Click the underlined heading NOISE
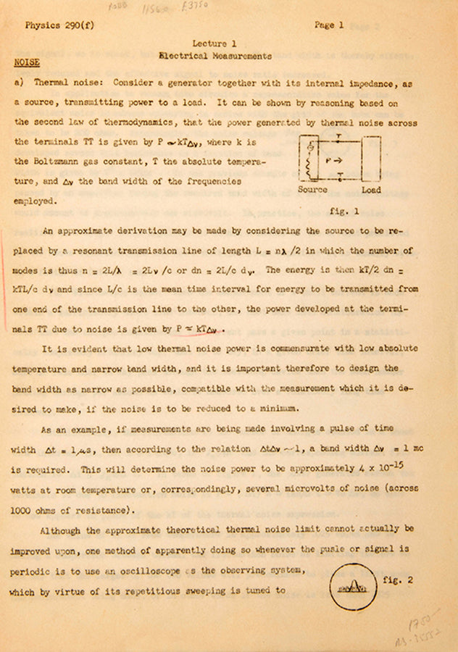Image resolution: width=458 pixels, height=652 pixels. click(x=27, y=63)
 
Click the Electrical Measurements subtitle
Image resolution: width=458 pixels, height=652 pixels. click(x=215, y=55)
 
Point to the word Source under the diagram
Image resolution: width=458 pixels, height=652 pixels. click(x=314, y=190)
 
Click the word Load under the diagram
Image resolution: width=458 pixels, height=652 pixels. click(x=372, y=190)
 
